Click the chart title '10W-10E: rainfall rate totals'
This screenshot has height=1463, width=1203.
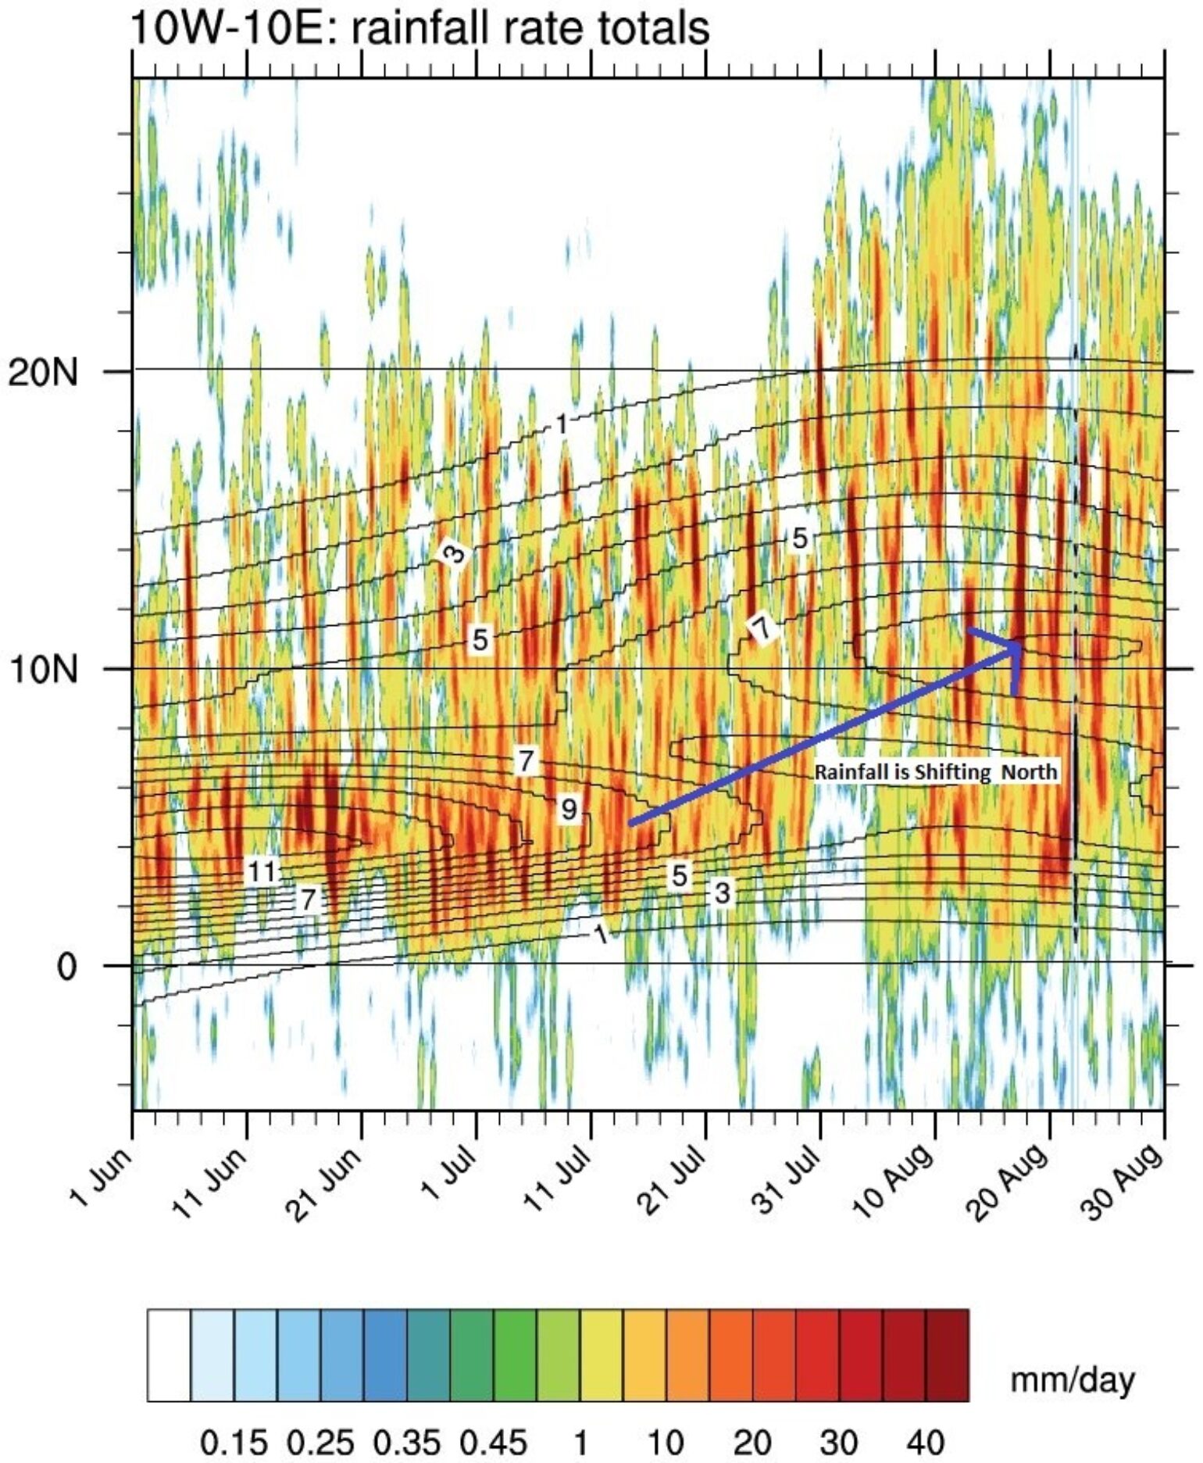tap(419, 29)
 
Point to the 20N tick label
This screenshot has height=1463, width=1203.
tap(43, 373)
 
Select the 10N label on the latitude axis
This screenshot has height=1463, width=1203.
tap(43, 670)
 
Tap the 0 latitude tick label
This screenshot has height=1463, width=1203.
tap(67, 967)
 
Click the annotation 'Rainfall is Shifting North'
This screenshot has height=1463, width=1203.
tap(935, 772)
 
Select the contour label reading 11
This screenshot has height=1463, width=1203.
tap(262, 871)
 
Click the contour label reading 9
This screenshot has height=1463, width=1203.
tap(569, 809)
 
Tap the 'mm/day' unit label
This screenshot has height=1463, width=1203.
tap(1072, 1380)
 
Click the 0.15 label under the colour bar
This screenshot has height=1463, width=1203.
tap(234, 1443)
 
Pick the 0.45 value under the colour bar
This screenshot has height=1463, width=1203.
tap(493, 1443)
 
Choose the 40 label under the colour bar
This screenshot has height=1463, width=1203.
tap(926, 1443)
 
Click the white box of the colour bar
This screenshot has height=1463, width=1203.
tap(169, 1355)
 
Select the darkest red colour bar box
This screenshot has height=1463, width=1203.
tap(947, 1355)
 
